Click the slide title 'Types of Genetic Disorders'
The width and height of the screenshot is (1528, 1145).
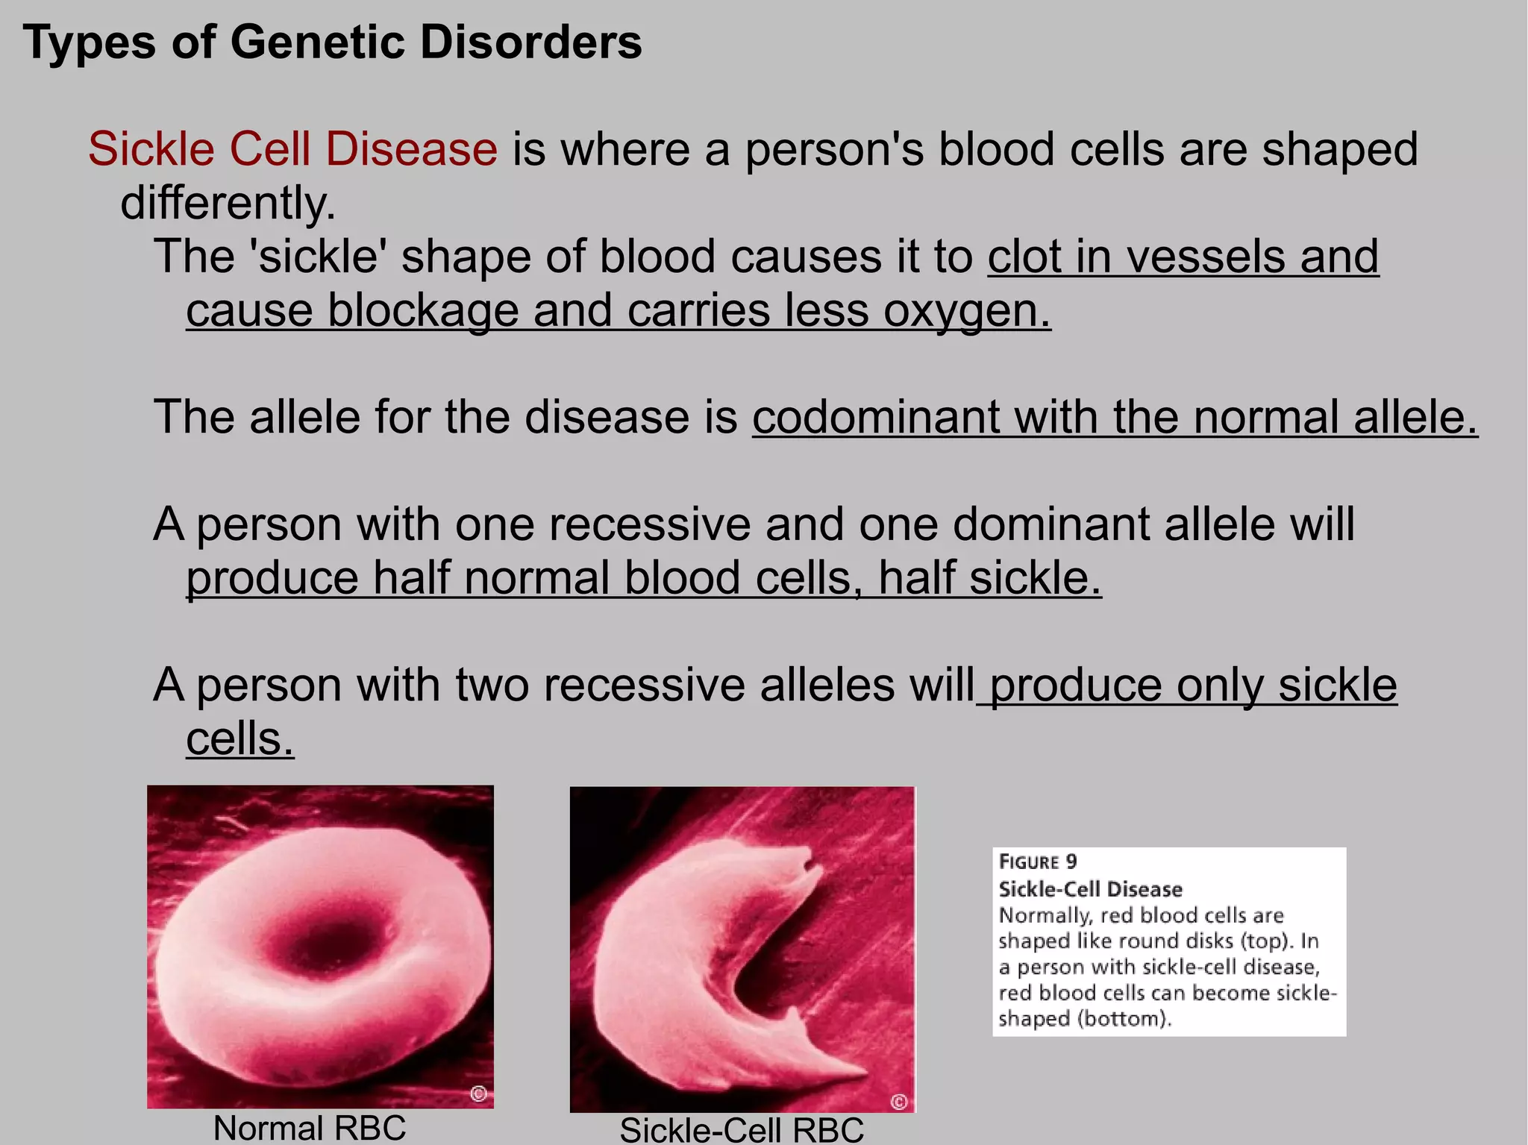[x=332, y=42]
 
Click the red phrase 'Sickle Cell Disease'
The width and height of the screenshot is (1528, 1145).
[x=292, y=148]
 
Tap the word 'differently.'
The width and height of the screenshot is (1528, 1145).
[x=228, y=203]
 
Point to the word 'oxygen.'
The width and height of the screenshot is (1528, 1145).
[x=968, y=310]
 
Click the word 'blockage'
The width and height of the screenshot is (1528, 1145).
[x=423, y=310]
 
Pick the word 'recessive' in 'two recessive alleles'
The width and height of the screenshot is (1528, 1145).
[x=644, y=685]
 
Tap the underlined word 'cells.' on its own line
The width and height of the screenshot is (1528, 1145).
[x=239, y=738]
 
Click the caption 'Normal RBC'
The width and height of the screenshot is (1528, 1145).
[x=310, y=1127]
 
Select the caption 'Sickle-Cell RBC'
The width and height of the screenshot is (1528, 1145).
[x=742, y=1129]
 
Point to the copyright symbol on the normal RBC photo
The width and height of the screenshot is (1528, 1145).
[x=479, y=1094]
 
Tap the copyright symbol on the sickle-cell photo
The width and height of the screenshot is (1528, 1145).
[x=899, y=1102]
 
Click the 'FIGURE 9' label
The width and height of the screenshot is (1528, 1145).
[x=1038, y=862]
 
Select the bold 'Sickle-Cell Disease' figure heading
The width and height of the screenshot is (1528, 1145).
[x=1090, y=889]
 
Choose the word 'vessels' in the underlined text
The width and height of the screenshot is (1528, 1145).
[x=1206, y=257]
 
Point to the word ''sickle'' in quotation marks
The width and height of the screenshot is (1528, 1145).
[x=322, y=257]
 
